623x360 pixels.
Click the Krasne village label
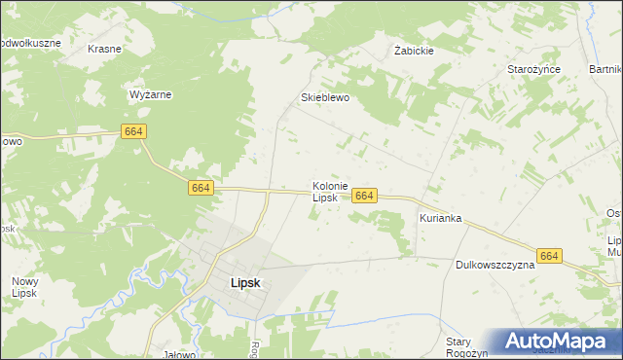point(104,49)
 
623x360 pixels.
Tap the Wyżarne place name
point(151,95)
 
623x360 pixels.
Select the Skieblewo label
point(324,98)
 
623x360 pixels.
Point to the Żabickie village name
point(414,51)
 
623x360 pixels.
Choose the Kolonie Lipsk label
point(324,191)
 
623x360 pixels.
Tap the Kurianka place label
point(440,219)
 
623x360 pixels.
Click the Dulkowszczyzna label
point(495,265)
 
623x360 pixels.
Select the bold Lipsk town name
point(244,283)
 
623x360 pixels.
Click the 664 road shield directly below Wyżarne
point(135,130)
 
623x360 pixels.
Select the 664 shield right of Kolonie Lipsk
point(364,196)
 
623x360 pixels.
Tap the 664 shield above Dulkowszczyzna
point(550,256)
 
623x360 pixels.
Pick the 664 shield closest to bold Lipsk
point(201,187)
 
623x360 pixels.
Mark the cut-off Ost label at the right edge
point(613,214)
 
